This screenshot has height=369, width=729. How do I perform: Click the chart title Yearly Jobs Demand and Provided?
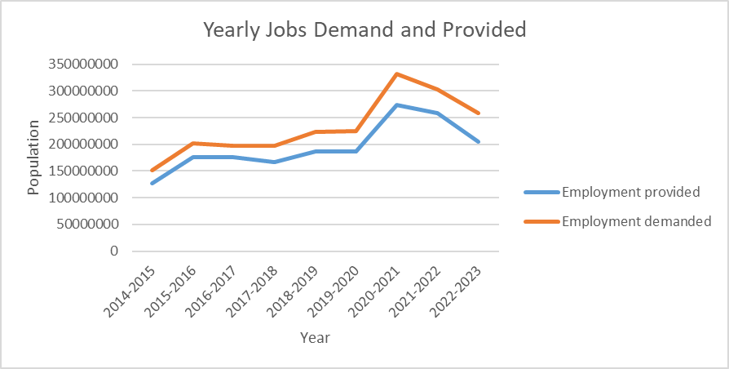pos(364,30)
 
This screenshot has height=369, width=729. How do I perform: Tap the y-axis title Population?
pos(33,158)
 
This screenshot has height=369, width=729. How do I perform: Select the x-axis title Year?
pos(314,336)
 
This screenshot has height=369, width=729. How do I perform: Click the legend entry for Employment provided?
pos(630,192)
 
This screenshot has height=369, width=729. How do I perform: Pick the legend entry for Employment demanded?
pos(636,221)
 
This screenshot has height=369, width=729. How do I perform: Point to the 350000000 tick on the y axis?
pos(85,64)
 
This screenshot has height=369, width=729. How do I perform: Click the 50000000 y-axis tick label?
pos(89,225)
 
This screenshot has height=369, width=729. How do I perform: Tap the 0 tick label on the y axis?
pos(114,251)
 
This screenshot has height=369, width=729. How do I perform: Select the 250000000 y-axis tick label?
pos(85,118)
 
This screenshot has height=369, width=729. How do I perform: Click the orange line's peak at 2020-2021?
pos(397,74)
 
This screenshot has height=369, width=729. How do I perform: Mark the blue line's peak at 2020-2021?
pos(397,105)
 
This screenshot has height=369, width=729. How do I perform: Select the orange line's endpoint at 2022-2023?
pos(479,113)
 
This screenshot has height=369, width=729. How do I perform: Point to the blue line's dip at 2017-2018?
pos(275,162)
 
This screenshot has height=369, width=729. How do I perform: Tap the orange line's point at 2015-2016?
pos(193,144)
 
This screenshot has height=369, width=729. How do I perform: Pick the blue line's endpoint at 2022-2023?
pos(479,142)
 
